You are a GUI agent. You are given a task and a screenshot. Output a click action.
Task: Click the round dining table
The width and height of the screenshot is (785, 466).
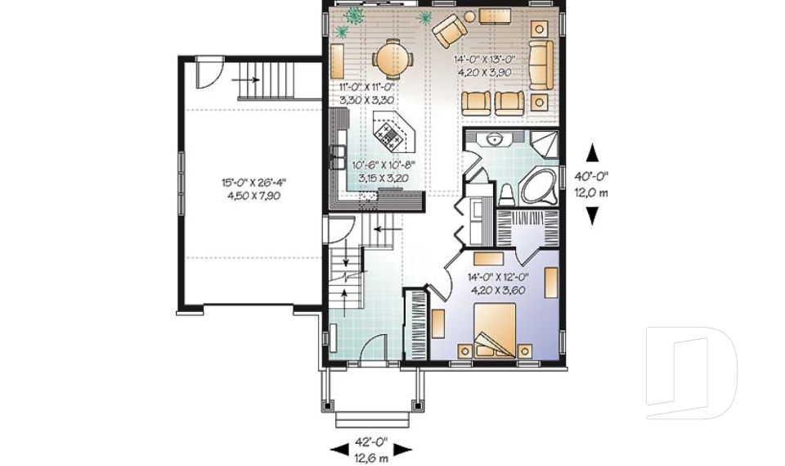click(x=393, y=60)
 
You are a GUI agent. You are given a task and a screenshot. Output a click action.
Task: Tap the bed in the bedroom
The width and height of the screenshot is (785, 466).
click(x=495, y=330)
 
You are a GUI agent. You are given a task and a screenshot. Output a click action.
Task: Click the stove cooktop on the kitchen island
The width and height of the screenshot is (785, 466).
click(x=388, y=134)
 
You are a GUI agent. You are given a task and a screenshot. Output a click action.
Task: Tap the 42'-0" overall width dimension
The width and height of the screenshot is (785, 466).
click(x=371, y=442)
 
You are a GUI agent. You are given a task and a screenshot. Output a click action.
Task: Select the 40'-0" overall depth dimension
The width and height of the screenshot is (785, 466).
click(x=591, y=177)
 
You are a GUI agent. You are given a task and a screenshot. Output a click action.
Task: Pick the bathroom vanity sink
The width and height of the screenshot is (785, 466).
click(x=494, y=138)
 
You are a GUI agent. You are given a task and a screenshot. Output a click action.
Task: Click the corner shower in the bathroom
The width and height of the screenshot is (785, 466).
click(x=543, y=144)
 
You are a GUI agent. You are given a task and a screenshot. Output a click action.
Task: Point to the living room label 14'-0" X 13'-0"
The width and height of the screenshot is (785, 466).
click(x=485, y=60)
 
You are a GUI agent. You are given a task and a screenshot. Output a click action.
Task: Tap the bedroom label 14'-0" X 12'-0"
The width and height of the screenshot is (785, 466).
click(x=498, y=276)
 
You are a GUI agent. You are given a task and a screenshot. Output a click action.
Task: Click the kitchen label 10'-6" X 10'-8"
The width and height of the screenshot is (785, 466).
click(x=384, y=165)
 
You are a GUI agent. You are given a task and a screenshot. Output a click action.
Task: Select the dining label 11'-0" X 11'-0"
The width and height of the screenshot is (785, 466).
click(x=367, y=86)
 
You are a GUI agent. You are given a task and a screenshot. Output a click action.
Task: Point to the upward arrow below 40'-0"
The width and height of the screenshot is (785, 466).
click(x=592, y=153)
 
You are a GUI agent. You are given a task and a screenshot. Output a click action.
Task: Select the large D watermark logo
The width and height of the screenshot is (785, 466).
click(x=691, y=372)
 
